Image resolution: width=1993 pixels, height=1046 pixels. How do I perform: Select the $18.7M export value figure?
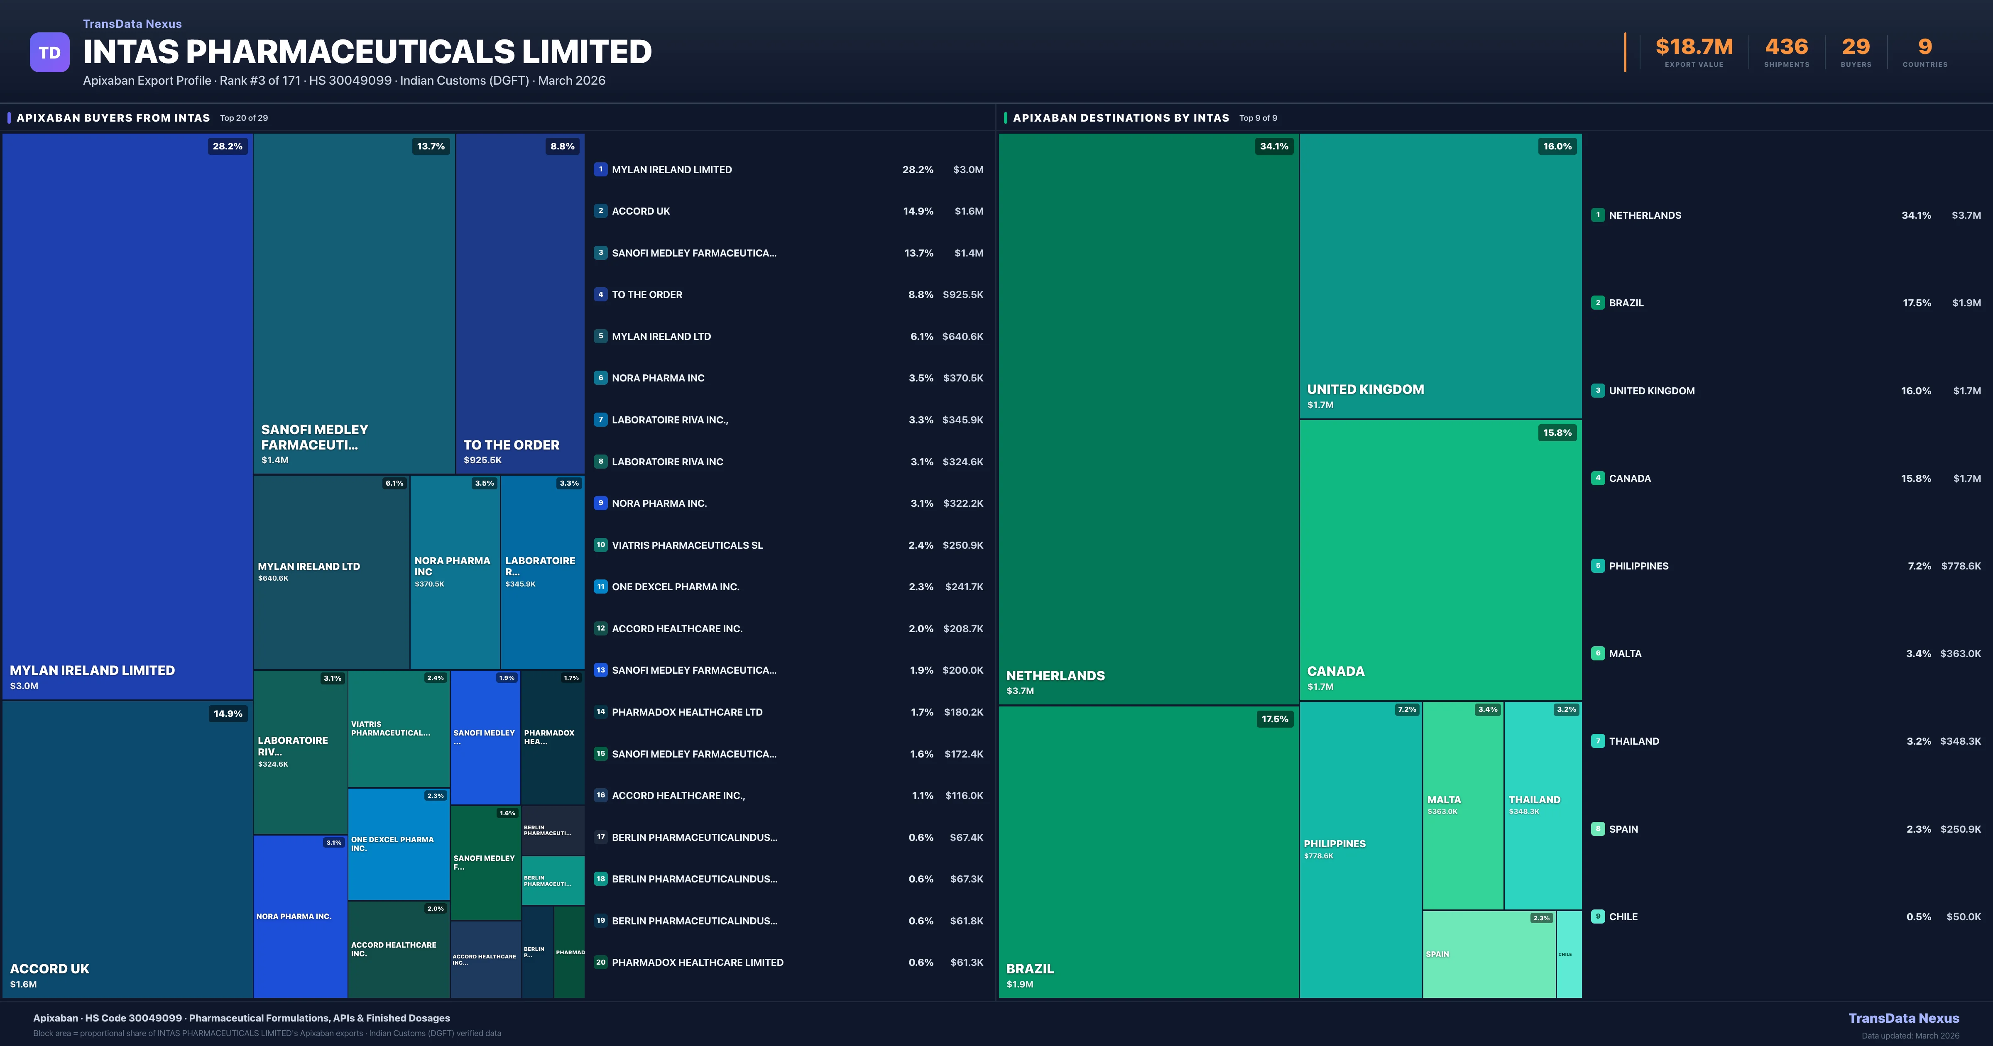tap(1694, 47)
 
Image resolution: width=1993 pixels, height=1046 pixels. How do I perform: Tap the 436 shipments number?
tap(1786, 47)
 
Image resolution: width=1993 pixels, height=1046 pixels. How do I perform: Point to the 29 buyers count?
tap(1855, 47)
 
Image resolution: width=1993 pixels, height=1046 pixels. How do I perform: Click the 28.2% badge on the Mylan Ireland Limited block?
tap(228, 146)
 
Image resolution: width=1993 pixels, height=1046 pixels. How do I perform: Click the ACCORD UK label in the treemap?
tap(49, 969)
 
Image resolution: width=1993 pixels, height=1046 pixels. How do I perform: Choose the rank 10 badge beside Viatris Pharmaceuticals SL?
tap(600, 545)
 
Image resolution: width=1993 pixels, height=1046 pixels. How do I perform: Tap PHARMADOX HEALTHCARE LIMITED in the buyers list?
tap(697, 963)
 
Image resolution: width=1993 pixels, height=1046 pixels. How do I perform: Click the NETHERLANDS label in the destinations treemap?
tap(1055, 675)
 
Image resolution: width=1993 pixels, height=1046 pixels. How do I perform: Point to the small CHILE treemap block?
tap(1568, 954)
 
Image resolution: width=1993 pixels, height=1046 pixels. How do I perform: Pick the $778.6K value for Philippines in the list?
tap(1961, 566)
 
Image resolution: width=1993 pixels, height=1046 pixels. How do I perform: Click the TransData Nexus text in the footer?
tap(1903, 1018)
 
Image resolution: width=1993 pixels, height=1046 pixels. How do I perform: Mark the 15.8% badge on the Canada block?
tap(1557, 433)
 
